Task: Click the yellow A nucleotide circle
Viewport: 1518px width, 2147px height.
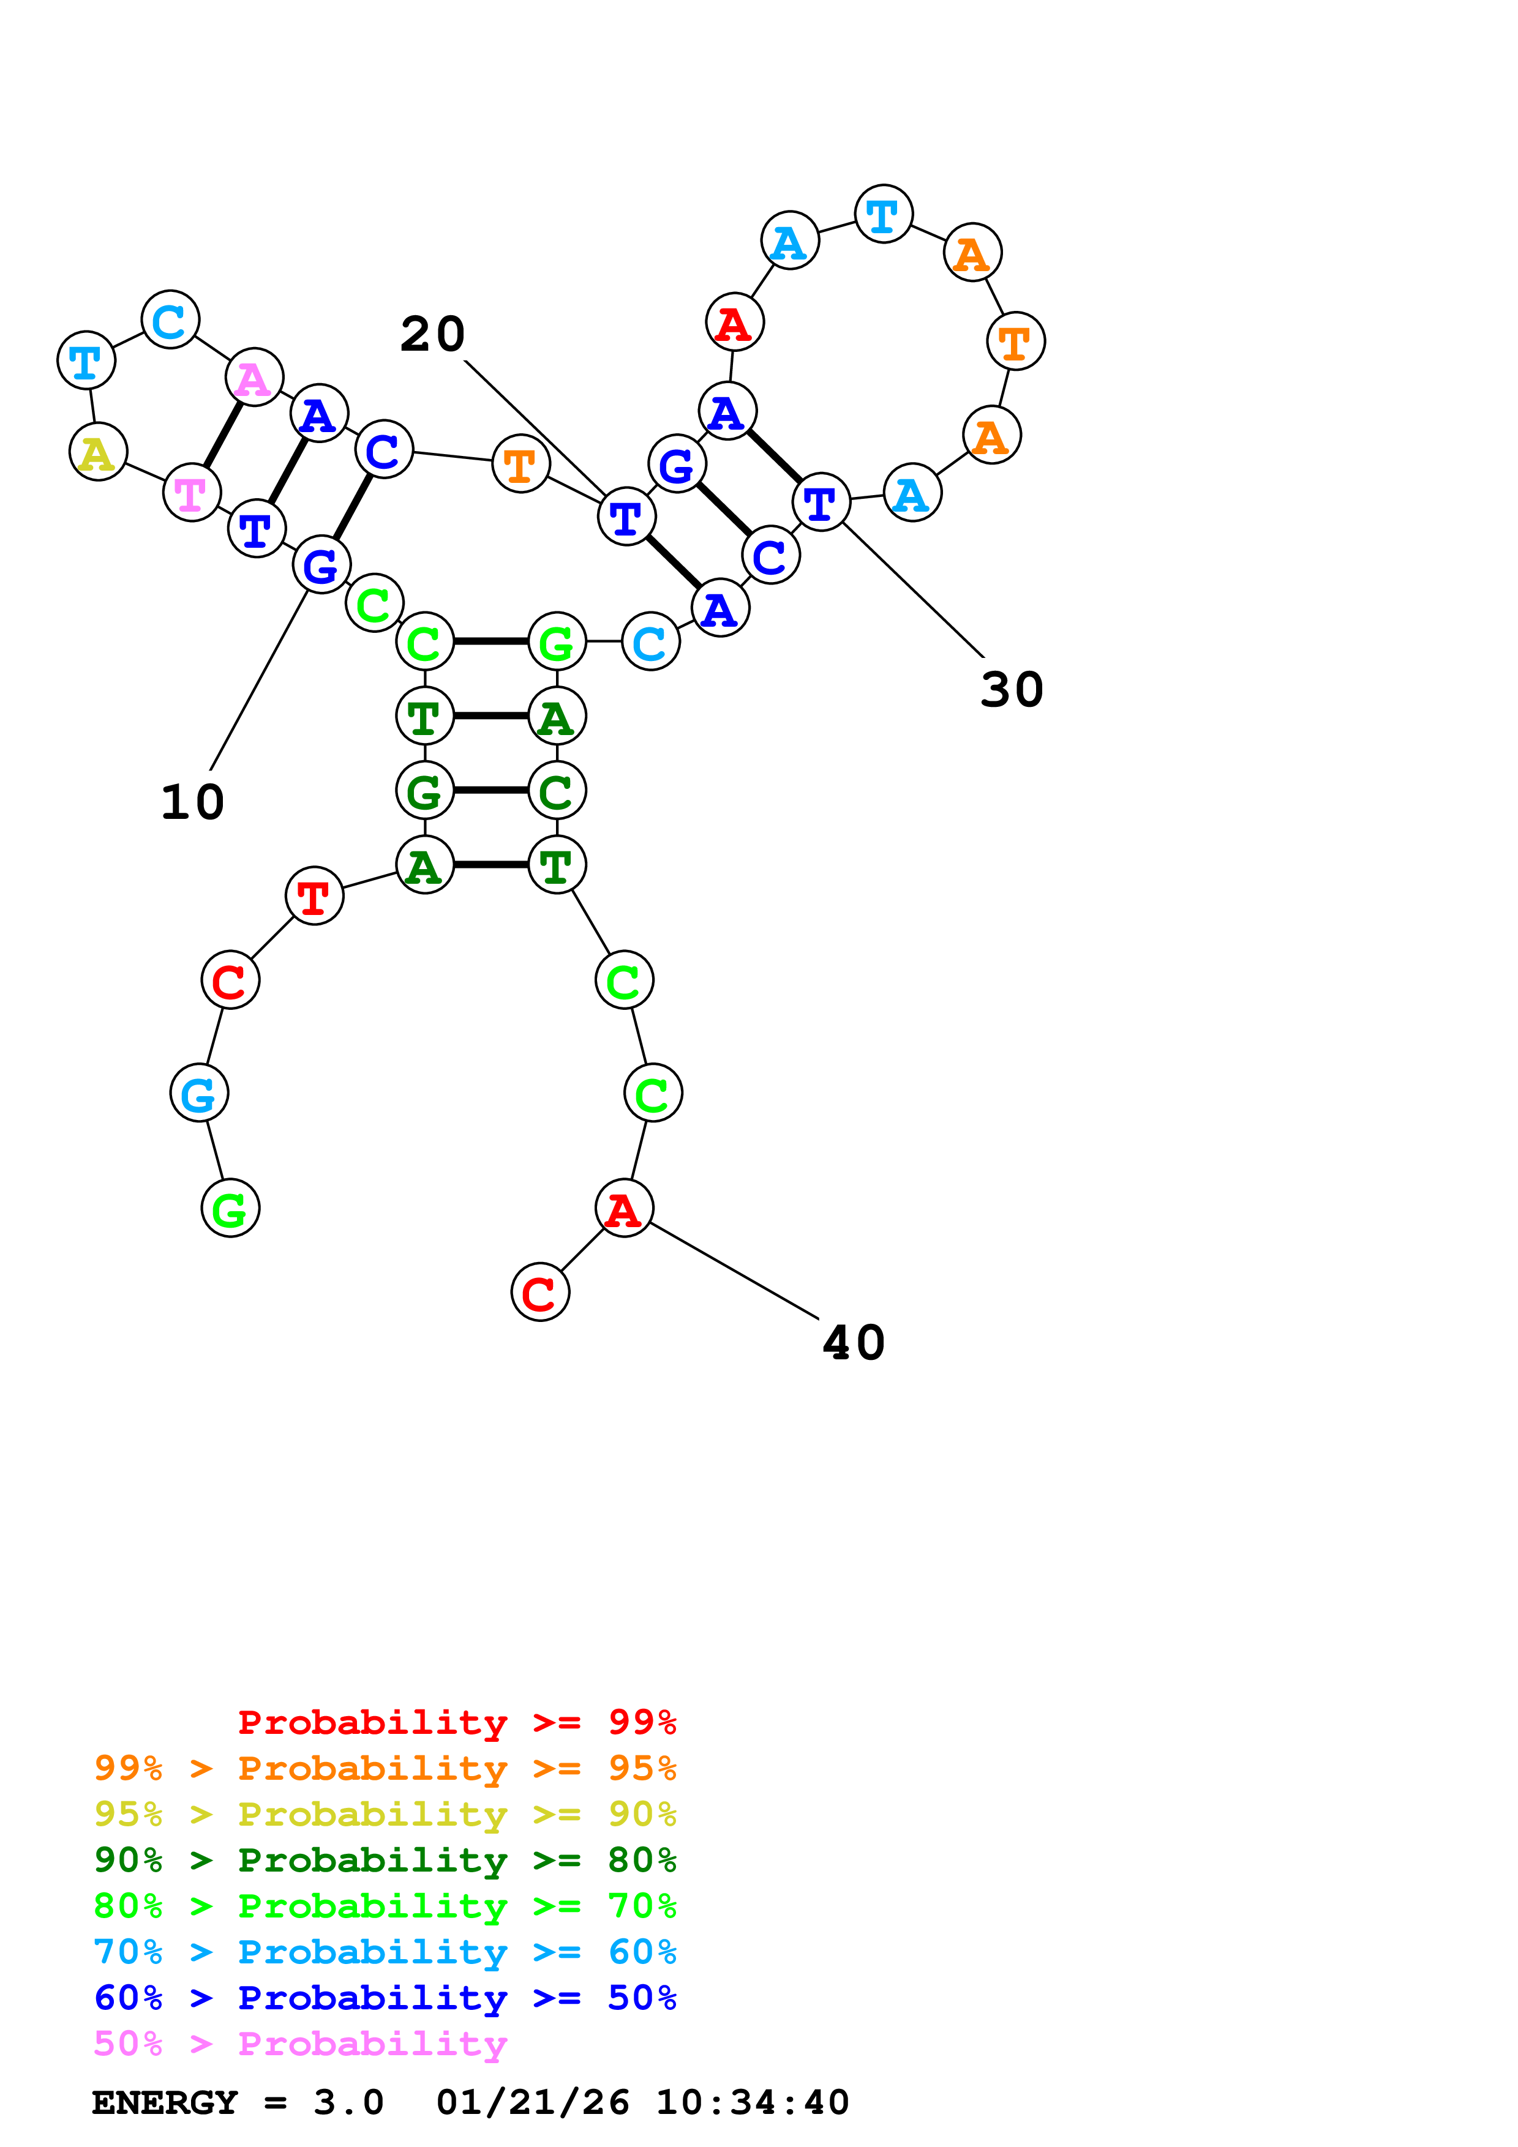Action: [x=97, y=452]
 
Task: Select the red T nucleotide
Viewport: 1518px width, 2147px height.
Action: [x=314, y=896]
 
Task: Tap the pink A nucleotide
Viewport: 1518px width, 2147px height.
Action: [x=254, y=377]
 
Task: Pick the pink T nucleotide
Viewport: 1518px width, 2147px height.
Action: [x=191, y=492]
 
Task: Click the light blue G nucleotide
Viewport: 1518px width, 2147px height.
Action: [x=198, y=1092]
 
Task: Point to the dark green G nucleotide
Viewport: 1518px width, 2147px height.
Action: [x=424, y=790]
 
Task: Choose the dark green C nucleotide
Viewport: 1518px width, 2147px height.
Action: [x=557, y=790]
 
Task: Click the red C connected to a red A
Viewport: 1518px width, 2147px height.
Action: [x=539, y=1293]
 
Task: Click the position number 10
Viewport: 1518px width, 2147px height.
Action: [x=193, y=802]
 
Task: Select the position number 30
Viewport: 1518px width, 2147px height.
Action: [x=1011, y=690]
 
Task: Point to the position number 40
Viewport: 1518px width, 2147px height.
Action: [x=853, y=1343]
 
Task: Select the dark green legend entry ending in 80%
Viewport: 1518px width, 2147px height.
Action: [x=385, y=1860]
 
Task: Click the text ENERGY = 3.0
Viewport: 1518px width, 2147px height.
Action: [x=238, y=2102]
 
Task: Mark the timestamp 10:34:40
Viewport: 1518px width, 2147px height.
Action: [x=752, y=2102]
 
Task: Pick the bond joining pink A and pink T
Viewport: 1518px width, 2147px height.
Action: [x=223, y=434]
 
